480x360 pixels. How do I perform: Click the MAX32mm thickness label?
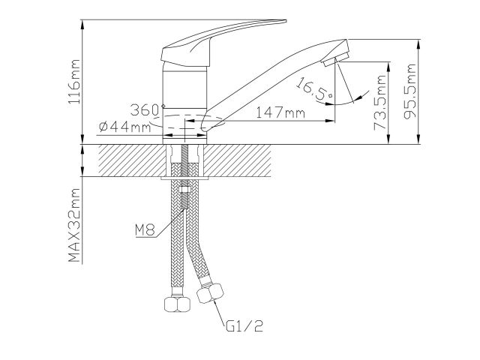(x=73, y=226)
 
